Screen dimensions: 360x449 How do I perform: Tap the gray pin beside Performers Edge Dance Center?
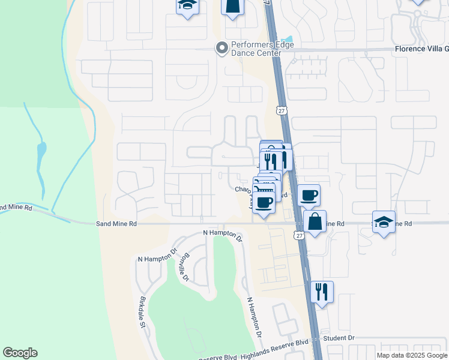pos(222,47)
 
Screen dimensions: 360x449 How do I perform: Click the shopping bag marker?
pos(315,222)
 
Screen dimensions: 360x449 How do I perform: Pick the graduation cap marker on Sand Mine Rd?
pos(384,223)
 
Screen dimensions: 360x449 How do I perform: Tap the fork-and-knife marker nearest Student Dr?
pos(322,292)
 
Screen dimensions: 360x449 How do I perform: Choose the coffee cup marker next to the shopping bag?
pos(309,196)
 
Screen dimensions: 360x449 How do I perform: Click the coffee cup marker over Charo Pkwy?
pos(265,202)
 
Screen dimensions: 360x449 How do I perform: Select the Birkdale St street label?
pos(143,312)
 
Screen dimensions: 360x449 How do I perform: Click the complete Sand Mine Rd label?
pos(116,223)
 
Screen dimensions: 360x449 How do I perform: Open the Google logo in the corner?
pos(20,353)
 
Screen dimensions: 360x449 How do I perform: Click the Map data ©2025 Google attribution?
pos(412,355)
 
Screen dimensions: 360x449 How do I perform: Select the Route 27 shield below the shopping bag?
pos(299,236)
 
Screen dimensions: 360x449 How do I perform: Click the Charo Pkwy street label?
pos(244,190)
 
